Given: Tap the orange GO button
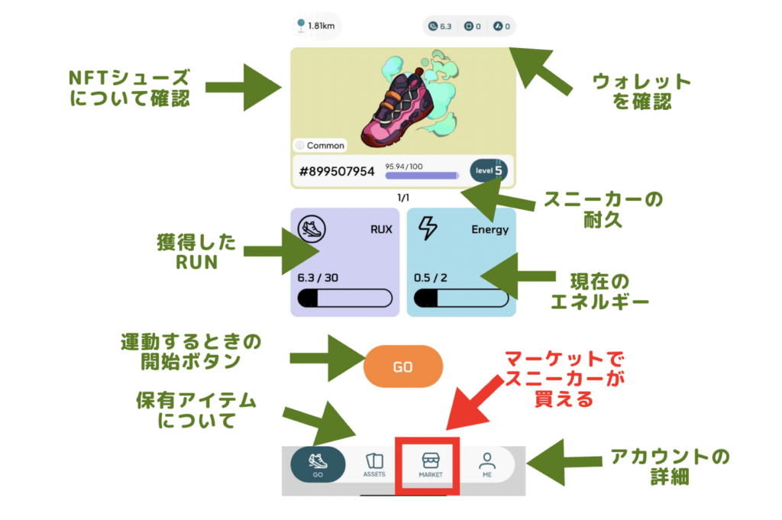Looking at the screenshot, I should tap(402, 367).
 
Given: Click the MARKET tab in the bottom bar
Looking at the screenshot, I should tap(431, 464).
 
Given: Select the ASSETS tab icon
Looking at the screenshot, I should tap(374, 465).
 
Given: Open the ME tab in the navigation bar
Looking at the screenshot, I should tap(487, 464).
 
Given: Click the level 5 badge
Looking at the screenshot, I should tap(488, 170).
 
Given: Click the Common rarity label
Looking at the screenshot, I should tap(320, 145).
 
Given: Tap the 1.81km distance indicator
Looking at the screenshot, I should tap(315, 27).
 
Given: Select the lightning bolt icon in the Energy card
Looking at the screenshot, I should tap(429, 228).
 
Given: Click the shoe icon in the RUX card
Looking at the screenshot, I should tap(311, 228).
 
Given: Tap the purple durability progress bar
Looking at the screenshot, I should tap(422, 176).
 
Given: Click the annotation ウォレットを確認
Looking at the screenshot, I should tap(641, 92).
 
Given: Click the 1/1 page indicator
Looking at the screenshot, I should tap(402, 198).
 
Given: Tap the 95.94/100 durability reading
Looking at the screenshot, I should tap(404, 166).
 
